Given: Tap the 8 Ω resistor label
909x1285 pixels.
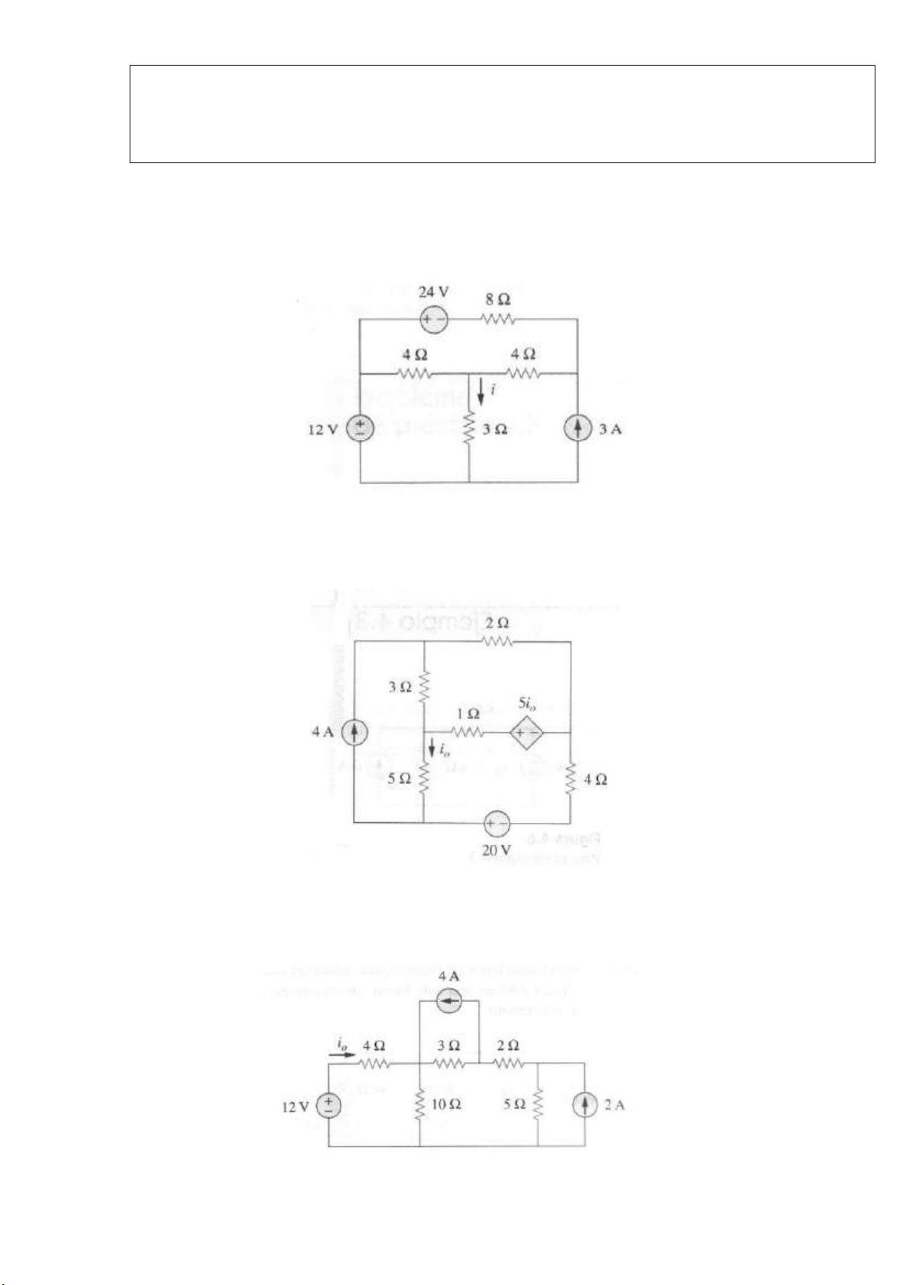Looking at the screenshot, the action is [x=498, y=301].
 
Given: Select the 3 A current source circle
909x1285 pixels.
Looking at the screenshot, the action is [x=577, y=429].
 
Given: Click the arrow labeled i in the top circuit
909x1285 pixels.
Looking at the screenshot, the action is [x=480, y=392].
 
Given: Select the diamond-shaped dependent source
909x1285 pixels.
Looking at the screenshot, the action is [x=526, y=733].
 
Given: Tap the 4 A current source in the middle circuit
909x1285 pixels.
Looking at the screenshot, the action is [x=354, y=733].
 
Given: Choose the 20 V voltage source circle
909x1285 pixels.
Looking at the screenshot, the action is [x=496, y=824].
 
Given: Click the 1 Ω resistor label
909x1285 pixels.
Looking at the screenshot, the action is [x=467, y=715].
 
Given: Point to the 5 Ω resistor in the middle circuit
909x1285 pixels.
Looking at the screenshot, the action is [x=424, y=778].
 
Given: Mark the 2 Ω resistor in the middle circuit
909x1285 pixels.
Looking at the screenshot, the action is [x=497, y=642].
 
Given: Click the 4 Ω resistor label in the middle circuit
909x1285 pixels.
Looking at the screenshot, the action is [x=596, y=780].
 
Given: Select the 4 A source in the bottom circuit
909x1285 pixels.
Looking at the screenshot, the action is [x=449, y=1002].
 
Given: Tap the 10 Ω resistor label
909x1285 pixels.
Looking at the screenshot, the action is [x=448, y=1104].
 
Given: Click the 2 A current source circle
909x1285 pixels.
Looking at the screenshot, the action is [x=585, y=1105].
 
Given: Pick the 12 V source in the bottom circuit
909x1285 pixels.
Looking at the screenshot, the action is [x=329, y=1105].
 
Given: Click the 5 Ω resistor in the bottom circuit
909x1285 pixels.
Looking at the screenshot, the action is [x=538, y=1104].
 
